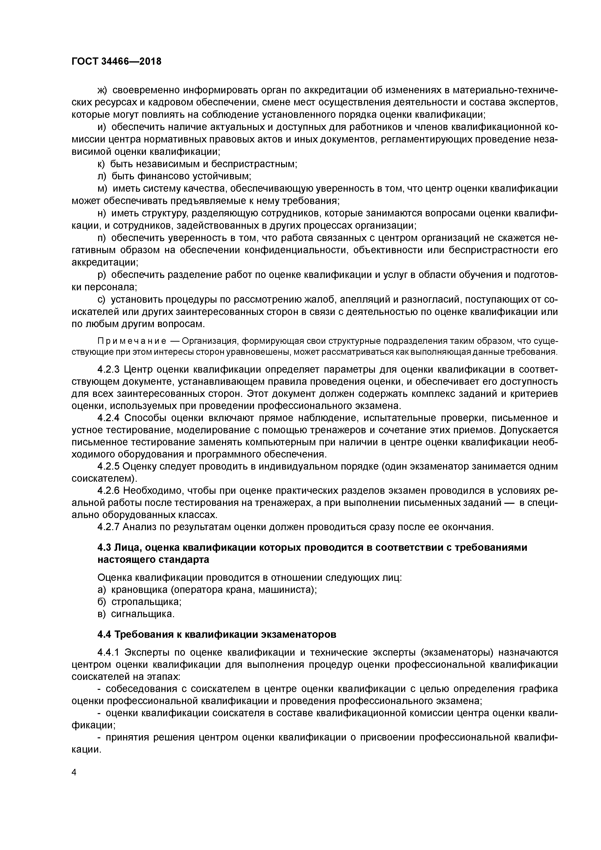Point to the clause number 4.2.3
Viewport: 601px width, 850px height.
[109, 370]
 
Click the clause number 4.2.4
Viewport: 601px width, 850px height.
[109, 418]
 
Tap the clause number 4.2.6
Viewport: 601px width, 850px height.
[109, 491]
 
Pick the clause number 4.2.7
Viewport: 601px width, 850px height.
[109, 527]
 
